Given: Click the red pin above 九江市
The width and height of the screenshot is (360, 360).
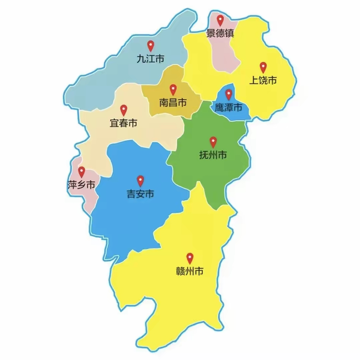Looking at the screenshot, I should pos(151,45).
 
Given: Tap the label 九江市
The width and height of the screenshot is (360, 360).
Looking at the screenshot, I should pos(151,59).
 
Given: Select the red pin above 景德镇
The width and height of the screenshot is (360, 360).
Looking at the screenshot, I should pos(220,20).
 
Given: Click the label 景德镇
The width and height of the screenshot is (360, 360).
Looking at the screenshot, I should pos(220,33).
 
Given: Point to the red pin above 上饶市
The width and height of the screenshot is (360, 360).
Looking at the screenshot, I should pos(263,67).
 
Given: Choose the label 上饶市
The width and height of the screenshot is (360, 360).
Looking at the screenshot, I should pos(263,80).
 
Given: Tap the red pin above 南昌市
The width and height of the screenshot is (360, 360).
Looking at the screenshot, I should pos(173,89).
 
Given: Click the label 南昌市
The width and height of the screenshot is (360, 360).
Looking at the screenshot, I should pos(173,103).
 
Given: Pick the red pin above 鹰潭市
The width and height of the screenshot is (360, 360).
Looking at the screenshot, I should pos(229,94).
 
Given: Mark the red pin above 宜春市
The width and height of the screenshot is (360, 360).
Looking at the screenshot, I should pos(124,110).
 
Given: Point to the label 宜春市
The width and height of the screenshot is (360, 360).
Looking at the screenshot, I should pos(124,123).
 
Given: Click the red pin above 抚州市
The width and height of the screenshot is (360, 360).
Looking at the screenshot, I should pos(213,142).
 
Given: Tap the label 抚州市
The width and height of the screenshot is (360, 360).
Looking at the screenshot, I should pos(213,155).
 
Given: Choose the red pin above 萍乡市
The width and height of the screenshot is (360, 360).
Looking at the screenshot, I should pos(82,172).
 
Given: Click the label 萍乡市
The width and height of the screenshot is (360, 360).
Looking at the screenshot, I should pos(81,185).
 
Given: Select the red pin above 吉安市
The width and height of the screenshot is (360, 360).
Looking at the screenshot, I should pos(141,181).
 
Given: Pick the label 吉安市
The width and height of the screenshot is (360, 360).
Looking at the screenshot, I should pos(141,194).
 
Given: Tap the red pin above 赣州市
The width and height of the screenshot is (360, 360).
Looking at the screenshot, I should pos(190,258).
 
